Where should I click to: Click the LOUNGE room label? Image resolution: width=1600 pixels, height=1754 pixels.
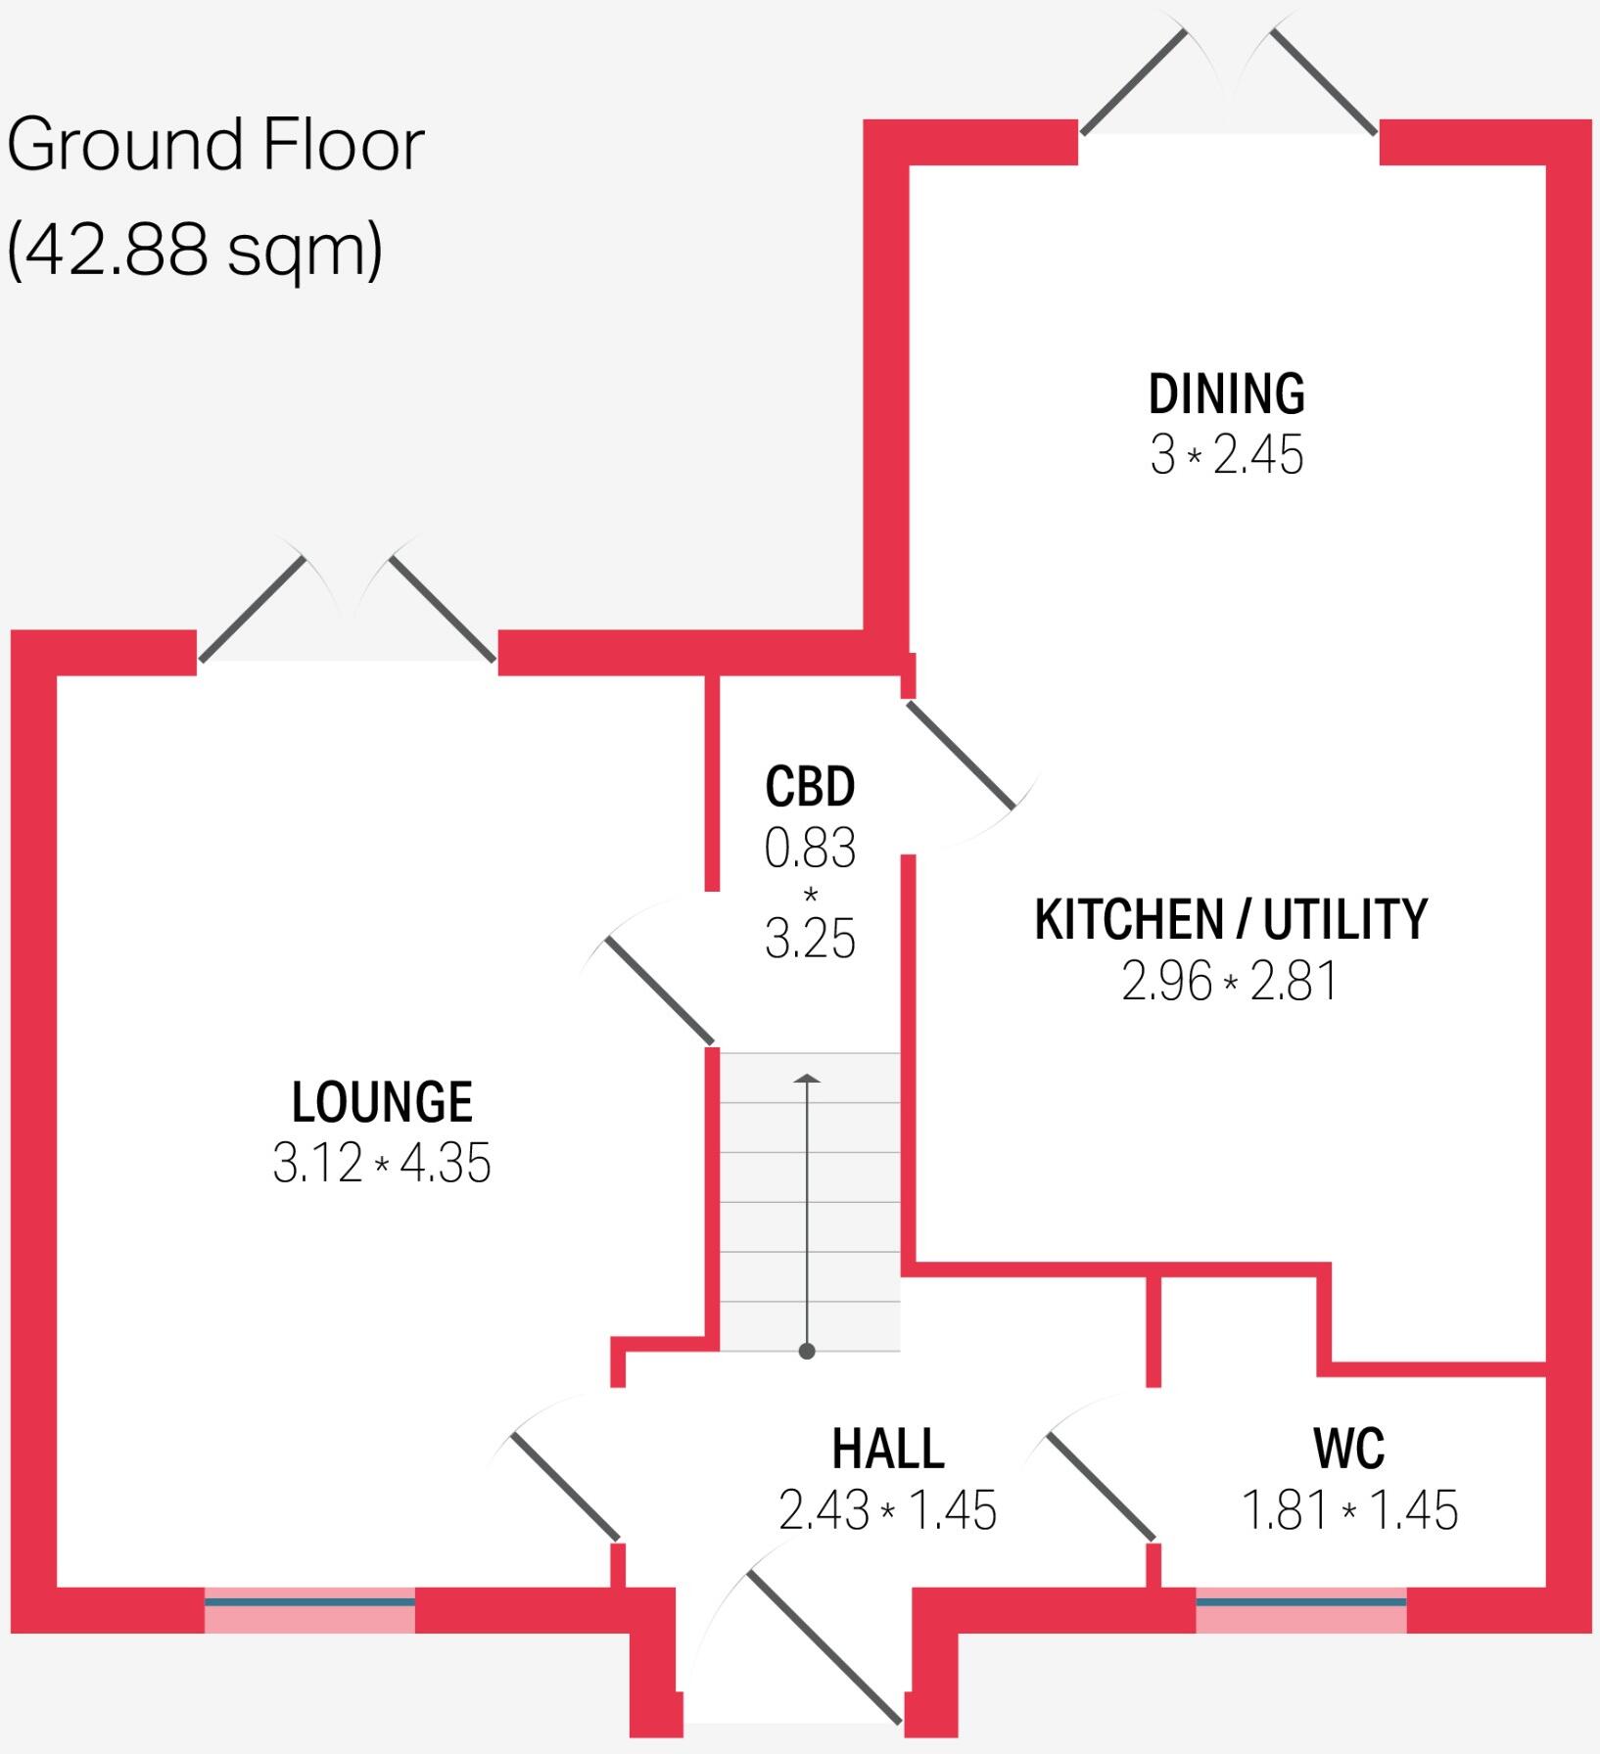tap(382, 1102)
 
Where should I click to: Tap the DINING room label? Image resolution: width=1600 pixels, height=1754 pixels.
tap(1226, 394)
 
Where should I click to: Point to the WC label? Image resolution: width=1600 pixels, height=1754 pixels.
tap(1348, 1449)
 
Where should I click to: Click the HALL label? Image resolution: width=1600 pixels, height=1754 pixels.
tap(888, 1449)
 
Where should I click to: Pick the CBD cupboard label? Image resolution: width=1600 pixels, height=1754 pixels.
tap(810, 787)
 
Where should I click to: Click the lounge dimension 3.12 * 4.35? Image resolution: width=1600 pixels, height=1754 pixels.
tap(382, 1164)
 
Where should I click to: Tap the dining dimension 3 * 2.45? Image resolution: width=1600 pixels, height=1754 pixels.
tap(1226, 455)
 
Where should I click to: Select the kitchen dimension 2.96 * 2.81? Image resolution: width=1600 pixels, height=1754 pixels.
tap(1230, 981)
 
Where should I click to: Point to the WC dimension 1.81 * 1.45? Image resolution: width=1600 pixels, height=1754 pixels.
tap(1349, 1510)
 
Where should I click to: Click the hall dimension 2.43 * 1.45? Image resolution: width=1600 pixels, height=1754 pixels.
tap(887, 1510)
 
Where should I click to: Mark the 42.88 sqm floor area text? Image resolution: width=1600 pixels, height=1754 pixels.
tap(194, 250)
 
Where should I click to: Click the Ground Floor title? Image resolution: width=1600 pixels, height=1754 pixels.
tap(215, 145)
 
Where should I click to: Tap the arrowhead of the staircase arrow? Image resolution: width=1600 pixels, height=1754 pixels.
tap(807, 1079)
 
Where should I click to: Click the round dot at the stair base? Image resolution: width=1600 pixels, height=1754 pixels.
tap(807, 1352)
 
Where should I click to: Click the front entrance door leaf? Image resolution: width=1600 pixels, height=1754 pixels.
tap(824, 1646)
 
